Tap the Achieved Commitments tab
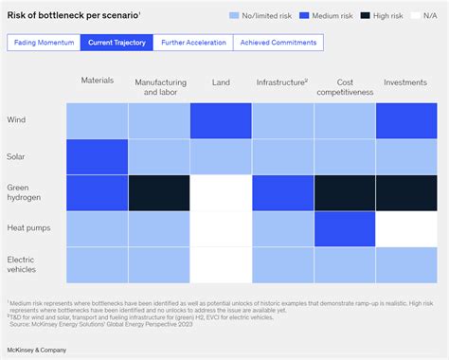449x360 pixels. (278, 43)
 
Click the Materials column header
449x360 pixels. (97, 81)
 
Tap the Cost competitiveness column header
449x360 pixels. (345, 88)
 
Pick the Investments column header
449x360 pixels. (405, 82)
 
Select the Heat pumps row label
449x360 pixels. (28, 228)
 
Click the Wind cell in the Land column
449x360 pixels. (221, 120)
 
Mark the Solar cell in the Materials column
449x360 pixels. (97, 156)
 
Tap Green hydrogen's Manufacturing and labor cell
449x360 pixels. (158, 192)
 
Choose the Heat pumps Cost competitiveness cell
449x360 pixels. (345, 228)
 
